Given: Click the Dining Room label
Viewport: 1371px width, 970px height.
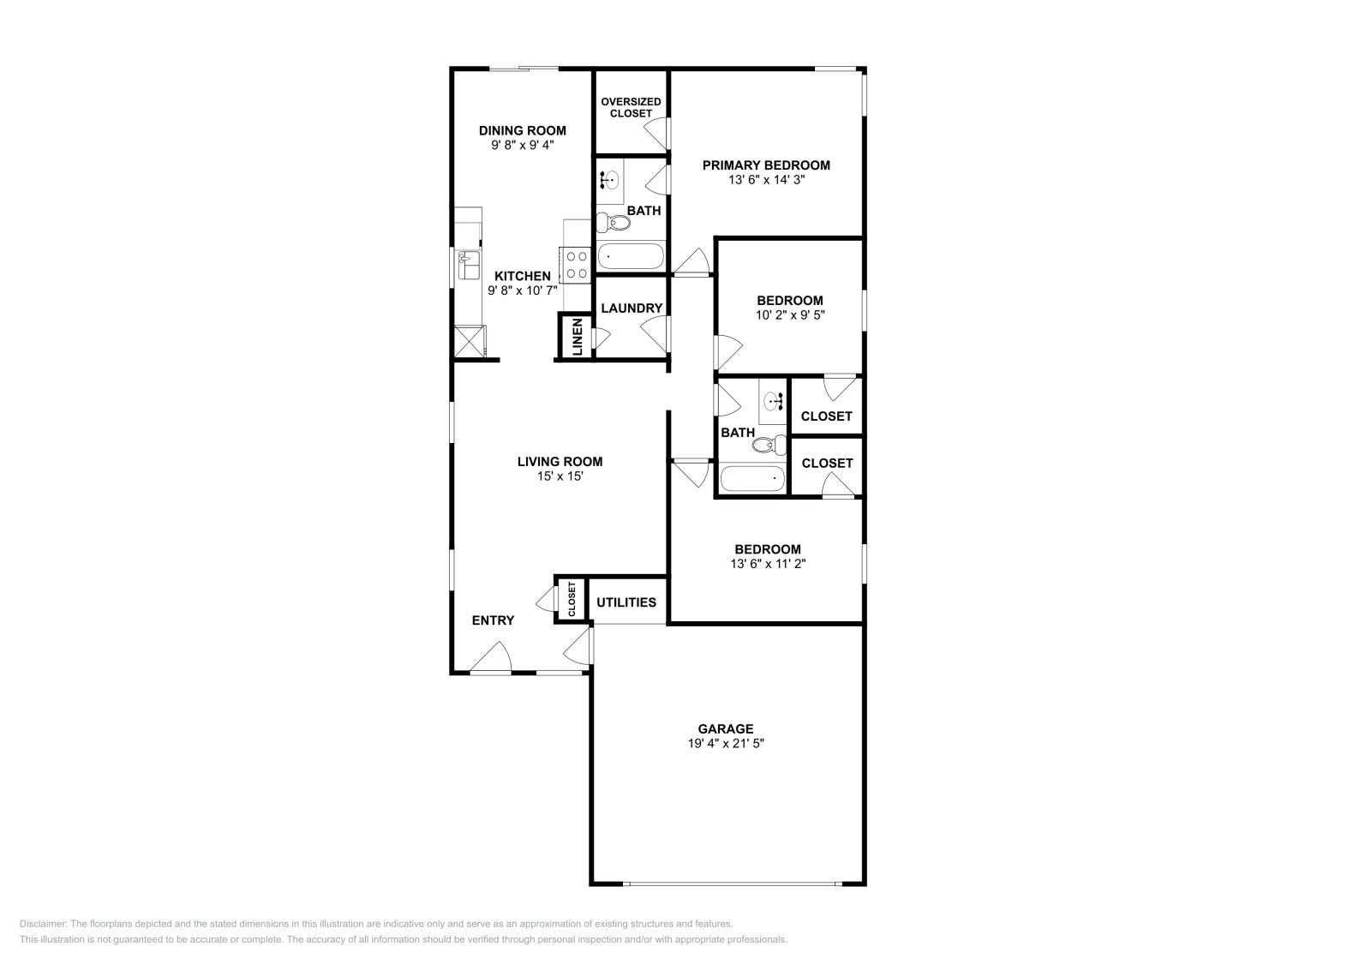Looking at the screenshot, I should [522, 130].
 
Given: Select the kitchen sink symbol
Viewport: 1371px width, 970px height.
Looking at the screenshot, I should [469, 265].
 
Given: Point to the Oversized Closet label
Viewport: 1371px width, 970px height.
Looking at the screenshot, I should [631, 107].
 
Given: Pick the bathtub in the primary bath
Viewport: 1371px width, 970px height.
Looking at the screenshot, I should [631, 256].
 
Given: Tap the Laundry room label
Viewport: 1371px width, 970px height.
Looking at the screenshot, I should [632, 308].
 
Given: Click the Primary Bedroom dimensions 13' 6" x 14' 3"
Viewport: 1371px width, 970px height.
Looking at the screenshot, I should [766, 180].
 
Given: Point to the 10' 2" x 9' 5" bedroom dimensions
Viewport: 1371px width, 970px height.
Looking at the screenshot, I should [789, 314].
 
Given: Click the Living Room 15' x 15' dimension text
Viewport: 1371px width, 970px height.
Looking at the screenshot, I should [560, 476].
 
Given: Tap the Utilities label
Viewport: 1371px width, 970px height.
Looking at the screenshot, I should [626, 602].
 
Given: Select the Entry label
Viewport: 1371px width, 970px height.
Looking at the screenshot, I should [493, 620].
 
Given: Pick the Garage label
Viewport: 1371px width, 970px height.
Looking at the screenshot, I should [725, 728].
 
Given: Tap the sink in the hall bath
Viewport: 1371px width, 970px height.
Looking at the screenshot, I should [775, 399].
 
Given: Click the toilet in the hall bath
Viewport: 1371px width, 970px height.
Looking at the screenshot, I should [772, 444].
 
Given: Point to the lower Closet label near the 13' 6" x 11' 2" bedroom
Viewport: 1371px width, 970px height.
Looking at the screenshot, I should [827, 463].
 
